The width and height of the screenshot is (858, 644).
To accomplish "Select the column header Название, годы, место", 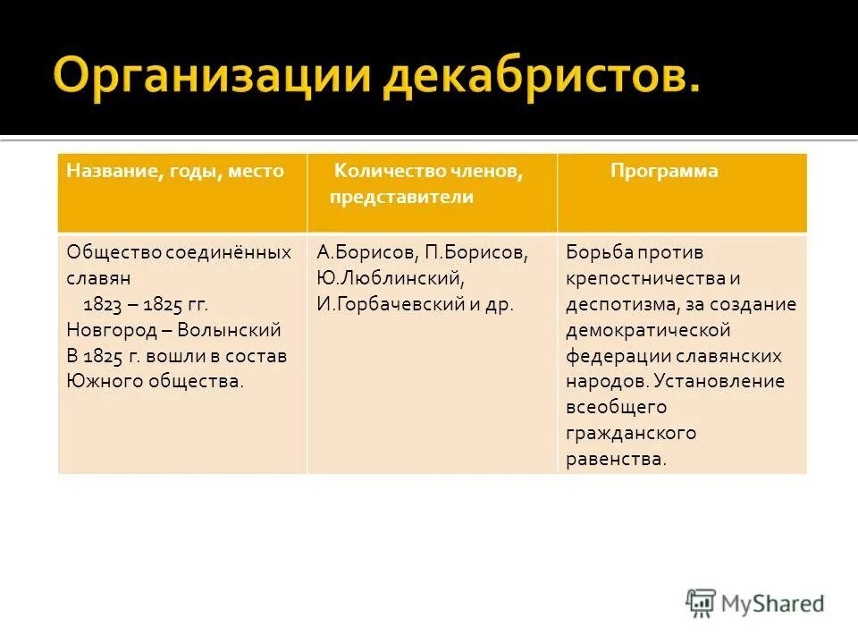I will tap(175, 171).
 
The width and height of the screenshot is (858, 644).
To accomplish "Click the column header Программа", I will tap(664, 171).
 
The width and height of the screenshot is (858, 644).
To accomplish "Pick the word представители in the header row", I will tap(401, 197).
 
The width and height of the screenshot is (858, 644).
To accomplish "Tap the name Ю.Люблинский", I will tap(391, 278).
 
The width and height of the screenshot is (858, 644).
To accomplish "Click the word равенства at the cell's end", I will tap(615, 460).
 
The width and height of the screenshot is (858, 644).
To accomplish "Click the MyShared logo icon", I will tap(702, 603).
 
